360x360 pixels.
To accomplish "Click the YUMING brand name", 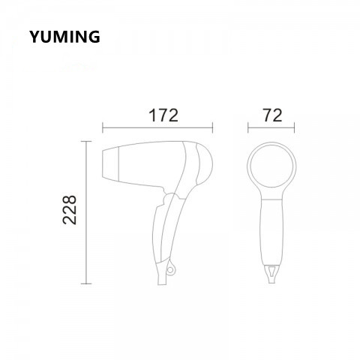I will (64, 37).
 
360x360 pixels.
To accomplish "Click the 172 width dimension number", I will (162, 116).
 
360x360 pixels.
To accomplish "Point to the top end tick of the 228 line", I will (88, 140).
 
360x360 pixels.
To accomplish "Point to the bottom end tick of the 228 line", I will (88, 284).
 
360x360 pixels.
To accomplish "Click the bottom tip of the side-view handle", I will (162, 282).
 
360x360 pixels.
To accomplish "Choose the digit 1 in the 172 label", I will (150, 116).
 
